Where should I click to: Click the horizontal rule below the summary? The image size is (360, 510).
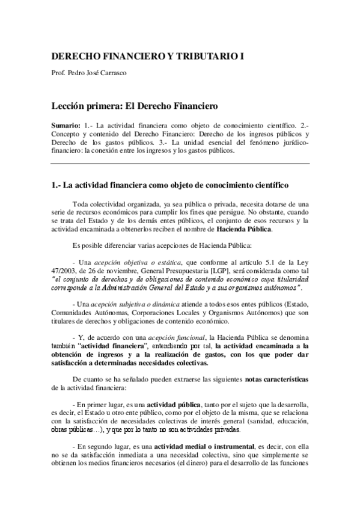pos(180,164)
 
